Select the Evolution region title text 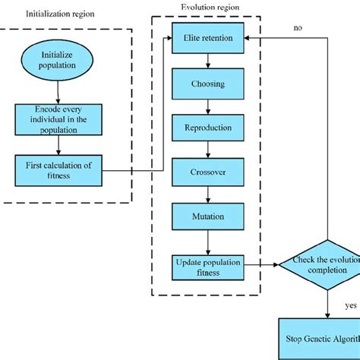pyautogui.click(x=209, y=8)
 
